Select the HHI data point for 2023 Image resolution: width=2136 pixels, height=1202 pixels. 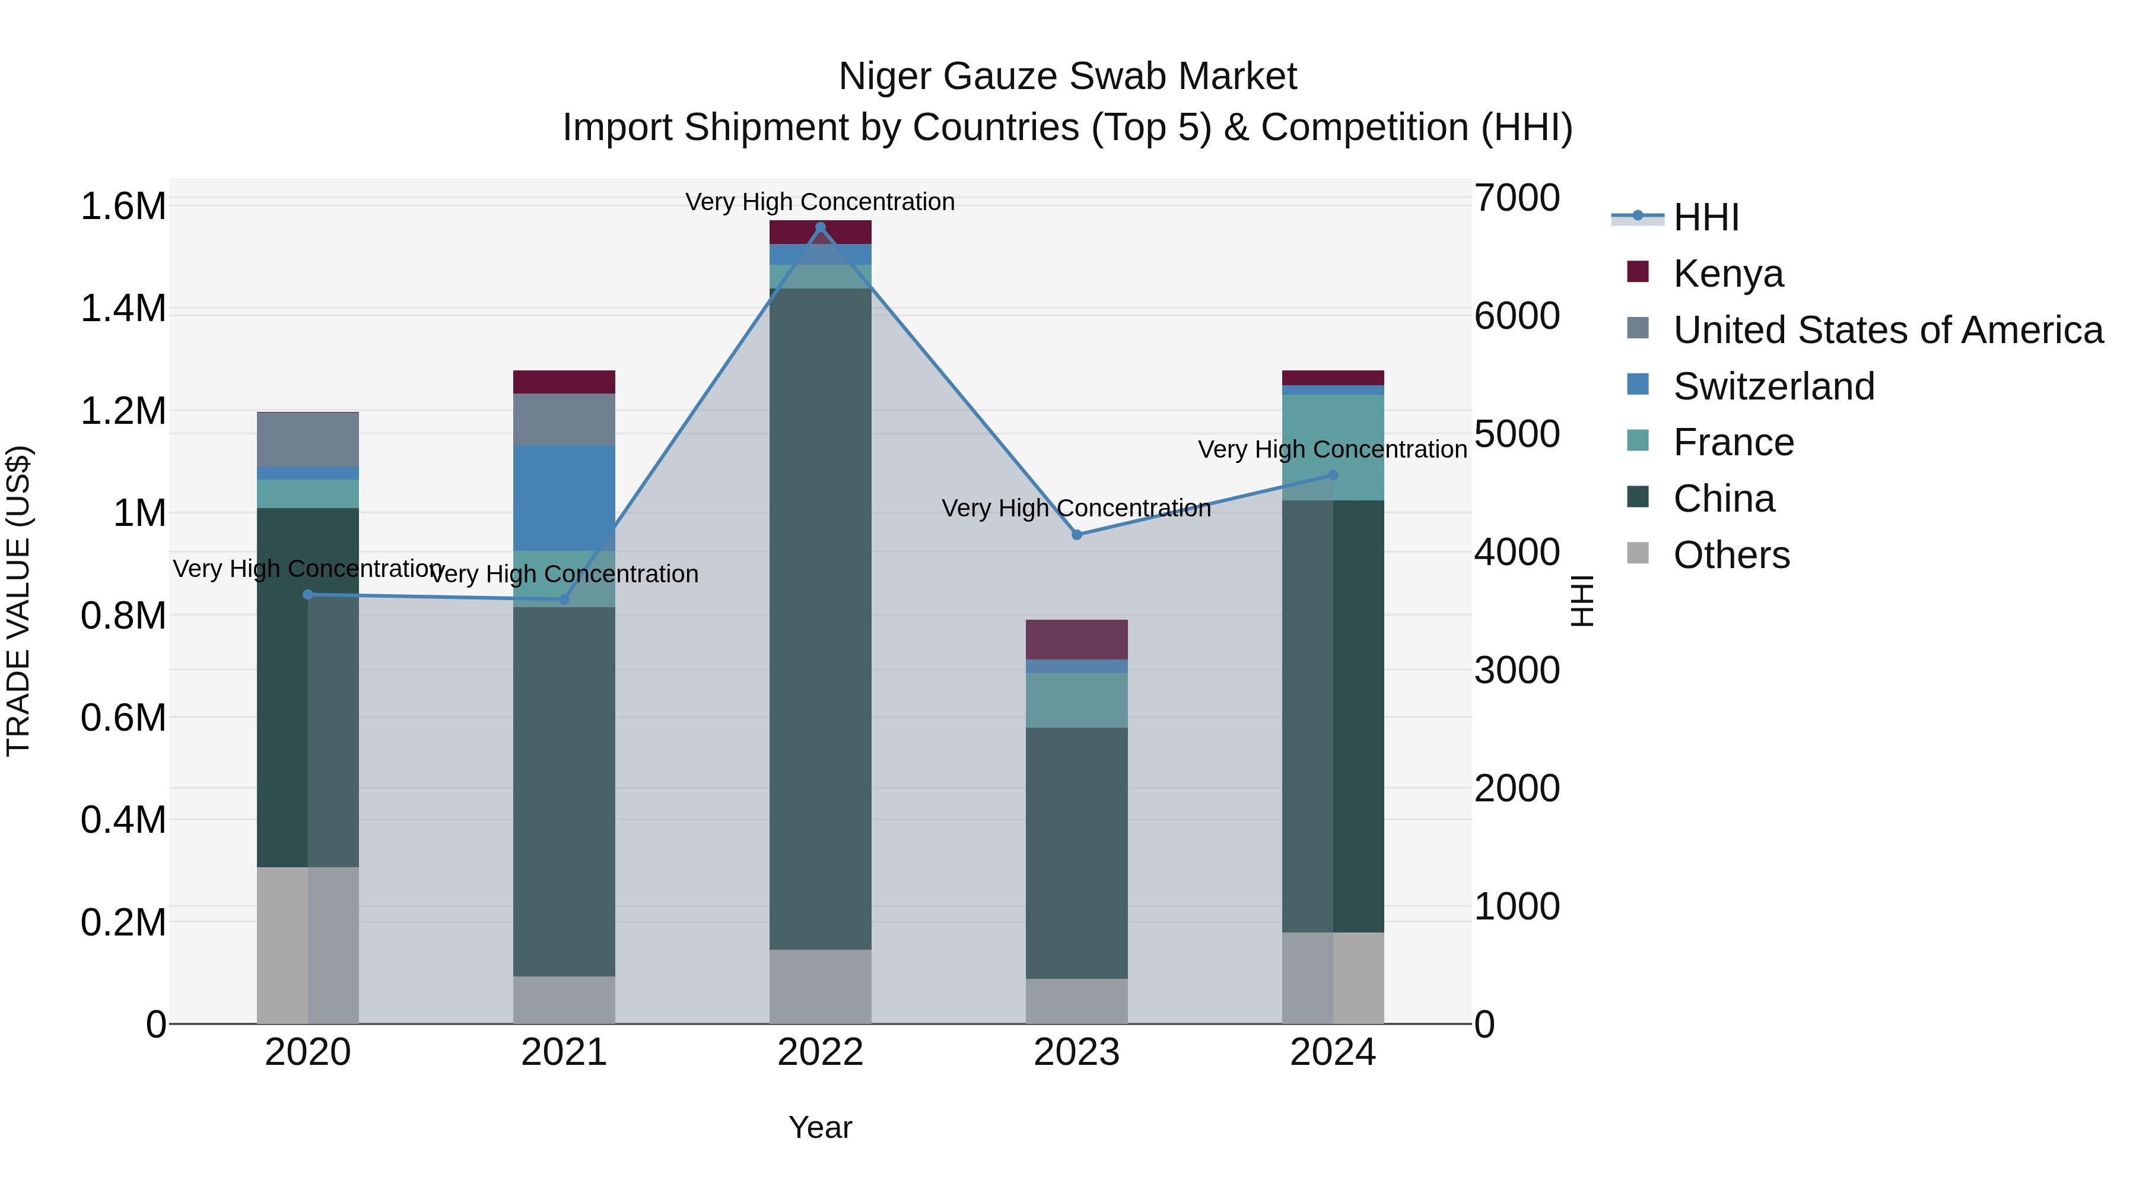click(x=1076, y=535)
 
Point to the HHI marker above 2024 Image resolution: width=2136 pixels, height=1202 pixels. click(x=1333, y=475)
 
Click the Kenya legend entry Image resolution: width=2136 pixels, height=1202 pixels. click(x=1727, y=274)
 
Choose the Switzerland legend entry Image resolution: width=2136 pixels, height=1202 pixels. click(x=1773, y=386)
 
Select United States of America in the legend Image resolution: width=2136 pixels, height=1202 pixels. click(x=1887, y=330)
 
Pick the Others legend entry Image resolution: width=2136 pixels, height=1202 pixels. click(x=1731, y=555)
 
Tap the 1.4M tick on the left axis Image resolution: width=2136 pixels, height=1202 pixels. click(x=123, y=309)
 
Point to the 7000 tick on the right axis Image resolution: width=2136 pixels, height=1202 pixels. click(x=1516, y=198)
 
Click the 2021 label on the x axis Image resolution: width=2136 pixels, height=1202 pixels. click(x=564, y=1052)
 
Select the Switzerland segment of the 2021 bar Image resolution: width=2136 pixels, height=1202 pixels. click(x=564, y=498)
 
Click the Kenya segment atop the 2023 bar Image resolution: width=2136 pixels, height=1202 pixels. click(x=1076, y=639)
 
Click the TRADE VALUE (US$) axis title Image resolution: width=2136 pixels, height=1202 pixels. click(x=18, y=601)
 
